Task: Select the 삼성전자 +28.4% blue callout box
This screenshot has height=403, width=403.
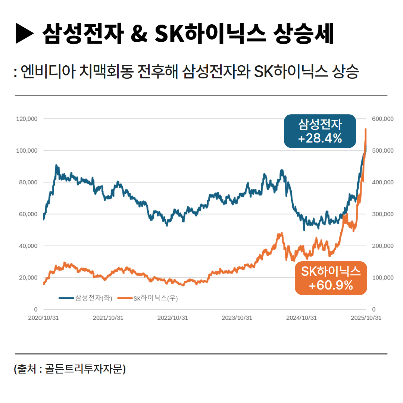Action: (320, 131)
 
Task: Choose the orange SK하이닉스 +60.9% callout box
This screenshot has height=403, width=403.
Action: (331, 278)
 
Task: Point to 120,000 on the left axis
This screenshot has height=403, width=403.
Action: (27, 119)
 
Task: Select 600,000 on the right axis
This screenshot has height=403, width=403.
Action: (383, 119)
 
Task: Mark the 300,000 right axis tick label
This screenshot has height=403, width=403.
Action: (383, 214)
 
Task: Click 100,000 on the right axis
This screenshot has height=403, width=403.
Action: (383, 278)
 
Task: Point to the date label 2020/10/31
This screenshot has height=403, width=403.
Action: (43, 318)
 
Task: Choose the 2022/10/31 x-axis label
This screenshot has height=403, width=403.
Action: (172, 318)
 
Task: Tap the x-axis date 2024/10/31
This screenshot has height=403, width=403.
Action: (301, 318)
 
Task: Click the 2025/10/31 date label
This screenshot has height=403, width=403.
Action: (366, 318)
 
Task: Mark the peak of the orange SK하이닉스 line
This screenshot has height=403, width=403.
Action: (366, 129)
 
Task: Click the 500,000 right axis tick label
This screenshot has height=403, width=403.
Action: (383, 150)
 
